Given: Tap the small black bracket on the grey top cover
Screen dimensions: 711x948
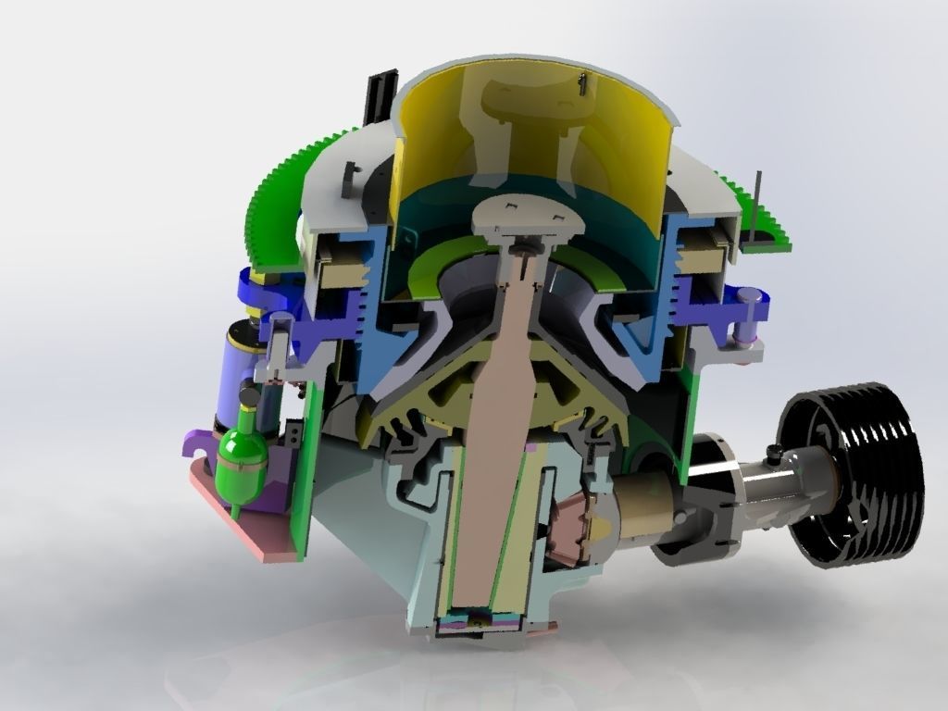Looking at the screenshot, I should (x=350, y=179).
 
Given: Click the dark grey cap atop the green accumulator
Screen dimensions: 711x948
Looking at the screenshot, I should (x=249, y=396).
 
